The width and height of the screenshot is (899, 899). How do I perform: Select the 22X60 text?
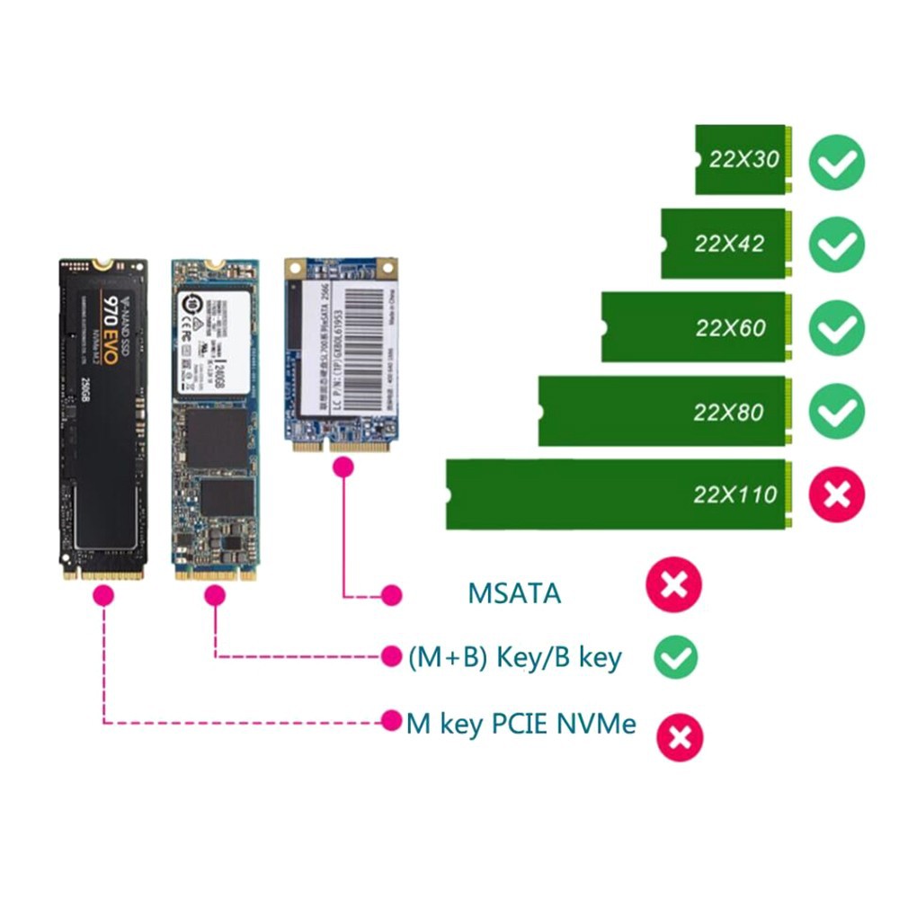coord(730,327)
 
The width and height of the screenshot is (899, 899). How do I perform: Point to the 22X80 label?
coord(728,412)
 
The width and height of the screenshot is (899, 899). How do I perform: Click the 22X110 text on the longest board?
coord(734,494)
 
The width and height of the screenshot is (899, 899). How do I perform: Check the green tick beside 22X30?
coord(837,163)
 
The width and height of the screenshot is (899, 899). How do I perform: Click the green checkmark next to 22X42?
coord(837,245)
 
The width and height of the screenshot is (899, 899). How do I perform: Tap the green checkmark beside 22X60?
coord(837,328)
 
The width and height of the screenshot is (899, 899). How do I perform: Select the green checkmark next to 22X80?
coord(837,412)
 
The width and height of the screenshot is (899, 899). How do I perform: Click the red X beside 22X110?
coord(837,494)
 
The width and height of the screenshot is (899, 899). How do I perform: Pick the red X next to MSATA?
coord(673,586)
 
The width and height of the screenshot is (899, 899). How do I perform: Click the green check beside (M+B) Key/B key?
coord(674,657)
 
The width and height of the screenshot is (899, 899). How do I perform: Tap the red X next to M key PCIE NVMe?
coord(680,736)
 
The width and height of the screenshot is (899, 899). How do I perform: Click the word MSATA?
coord(514,593)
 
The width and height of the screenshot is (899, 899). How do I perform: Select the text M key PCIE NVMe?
coord(521,723)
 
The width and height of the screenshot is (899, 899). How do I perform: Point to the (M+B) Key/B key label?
coord(514,657)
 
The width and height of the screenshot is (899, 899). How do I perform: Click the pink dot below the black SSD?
coord(104,594)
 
